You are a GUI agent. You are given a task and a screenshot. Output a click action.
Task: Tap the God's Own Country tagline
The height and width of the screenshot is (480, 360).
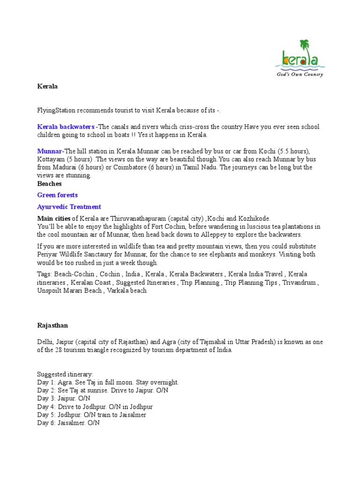pyautogui.click(x=298, y=74)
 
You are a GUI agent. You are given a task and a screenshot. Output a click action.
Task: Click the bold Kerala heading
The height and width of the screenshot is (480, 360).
pyautogui.click(x=47, y=86)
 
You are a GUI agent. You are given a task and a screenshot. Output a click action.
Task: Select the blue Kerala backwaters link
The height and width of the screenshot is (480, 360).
pyautogui.click(x=66, y=127)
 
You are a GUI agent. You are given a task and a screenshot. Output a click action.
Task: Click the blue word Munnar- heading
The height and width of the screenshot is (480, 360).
pyautogui.click(x=50, y=151)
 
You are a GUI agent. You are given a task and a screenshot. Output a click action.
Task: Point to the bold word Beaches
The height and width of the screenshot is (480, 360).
pyautogui.click(x=50, y=184)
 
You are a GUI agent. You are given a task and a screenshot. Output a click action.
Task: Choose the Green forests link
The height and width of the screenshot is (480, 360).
pyautogui.click(x=58, y=195)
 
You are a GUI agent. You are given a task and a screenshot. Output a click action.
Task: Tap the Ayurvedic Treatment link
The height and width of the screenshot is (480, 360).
pyautogui.click(x=69, y=207)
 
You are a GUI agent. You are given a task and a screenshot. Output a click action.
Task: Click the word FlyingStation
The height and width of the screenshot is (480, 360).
pyautogui.click(x=59, y=111)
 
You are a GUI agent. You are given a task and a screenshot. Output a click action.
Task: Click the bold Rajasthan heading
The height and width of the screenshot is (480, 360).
pyautogui.click(x=52, y=325)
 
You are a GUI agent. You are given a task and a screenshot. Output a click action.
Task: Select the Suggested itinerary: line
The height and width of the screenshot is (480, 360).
pyautogui.click(x=66, y=375)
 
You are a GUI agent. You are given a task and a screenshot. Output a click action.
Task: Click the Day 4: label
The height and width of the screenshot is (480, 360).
pyautogui.click(x=46, y=407)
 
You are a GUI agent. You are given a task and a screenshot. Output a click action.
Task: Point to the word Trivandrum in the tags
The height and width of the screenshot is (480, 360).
pyautogui.click(x=301, y=283)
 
